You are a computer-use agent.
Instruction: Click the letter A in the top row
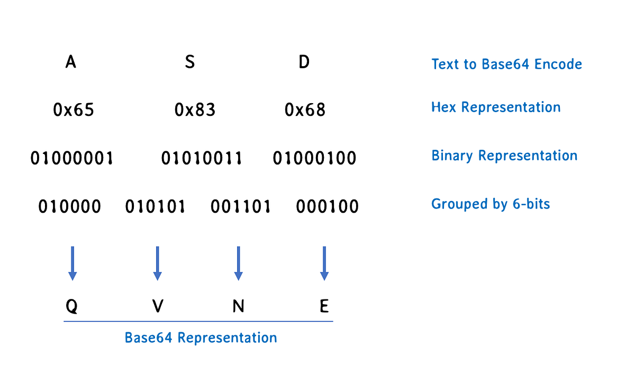pos(71,62)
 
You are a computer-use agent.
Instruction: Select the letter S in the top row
pos(189,62)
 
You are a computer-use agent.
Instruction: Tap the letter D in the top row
pos(304,62)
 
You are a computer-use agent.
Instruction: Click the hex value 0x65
pos(74,110)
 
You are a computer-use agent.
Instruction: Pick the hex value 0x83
pos(195,110)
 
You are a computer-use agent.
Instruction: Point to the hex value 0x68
pos(305,110)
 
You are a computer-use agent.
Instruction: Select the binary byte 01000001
pos(72,158)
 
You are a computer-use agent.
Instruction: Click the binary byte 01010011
pos(202,158)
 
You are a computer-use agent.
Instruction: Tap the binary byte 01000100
pos(315,158)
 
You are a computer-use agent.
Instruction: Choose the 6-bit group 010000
pos(70,206)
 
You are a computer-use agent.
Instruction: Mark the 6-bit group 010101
pos(155,206)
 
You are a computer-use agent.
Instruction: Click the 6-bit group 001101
pos(241,206)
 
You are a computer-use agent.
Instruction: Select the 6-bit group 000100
pos(328,206)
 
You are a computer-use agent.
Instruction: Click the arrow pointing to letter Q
pos(72,263)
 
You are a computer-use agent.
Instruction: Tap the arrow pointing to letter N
pos(238,263)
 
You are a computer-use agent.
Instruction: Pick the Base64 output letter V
pos(157,306)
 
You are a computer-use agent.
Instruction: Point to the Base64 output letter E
pos(324,306)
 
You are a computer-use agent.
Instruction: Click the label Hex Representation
pos(496,107)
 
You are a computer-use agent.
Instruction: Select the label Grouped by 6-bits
pos(491,204)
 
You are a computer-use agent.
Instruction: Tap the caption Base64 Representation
pos(201,338)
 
